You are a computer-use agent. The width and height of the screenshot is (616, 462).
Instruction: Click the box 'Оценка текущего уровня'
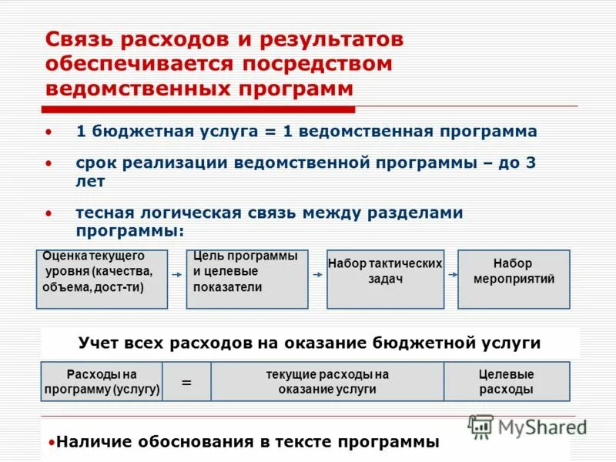point(102,279)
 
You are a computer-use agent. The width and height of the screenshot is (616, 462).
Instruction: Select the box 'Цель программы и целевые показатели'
point(246,279)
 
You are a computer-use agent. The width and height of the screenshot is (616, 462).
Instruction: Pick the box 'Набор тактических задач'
point(385,279)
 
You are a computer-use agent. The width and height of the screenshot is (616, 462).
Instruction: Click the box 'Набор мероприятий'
point(514,279)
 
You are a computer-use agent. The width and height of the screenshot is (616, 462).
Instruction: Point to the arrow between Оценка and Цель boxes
point(176,274)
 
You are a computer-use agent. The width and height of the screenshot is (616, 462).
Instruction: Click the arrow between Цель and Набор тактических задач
point(317,274)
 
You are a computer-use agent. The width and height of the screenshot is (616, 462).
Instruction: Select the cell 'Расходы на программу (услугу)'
point(102,382)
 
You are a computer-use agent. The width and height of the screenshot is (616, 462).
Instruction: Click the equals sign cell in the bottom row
point(186,382)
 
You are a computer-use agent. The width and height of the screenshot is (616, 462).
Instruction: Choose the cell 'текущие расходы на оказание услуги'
point(327,382)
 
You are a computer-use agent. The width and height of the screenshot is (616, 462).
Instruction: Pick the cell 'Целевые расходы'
point(506,382)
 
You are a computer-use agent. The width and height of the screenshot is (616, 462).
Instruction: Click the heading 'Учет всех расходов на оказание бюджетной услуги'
point(310,343)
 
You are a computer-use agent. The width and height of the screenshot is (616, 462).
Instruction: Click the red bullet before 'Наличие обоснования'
point(51,444)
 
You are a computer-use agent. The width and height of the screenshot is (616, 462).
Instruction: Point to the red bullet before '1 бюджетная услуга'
point(49,132)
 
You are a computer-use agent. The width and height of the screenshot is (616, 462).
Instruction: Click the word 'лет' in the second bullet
point(90,182)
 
